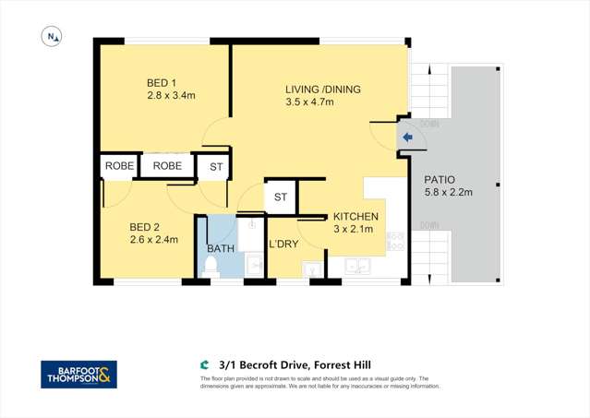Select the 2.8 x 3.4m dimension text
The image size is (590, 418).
point(171,95)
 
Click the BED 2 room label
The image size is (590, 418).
point(145,227)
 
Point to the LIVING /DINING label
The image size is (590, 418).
point(322,90)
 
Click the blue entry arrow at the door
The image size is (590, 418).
point(407,137)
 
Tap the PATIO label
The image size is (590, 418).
point(439,180)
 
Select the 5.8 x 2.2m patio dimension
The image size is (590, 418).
point(448,193)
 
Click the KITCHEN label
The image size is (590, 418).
point(355,216)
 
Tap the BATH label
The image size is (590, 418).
point(220,248)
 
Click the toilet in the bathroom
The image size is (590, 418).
point(210,266)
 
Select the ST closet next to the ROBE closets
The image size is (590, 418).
point(216,167)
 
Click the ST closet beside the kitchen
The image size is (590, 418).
point(281,197)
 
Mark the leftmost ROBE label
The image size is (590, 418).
point(119,166)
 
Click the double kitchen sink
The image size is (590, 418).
point(357,267)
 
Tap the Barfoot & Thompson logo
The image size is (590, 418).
point(78,374)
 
